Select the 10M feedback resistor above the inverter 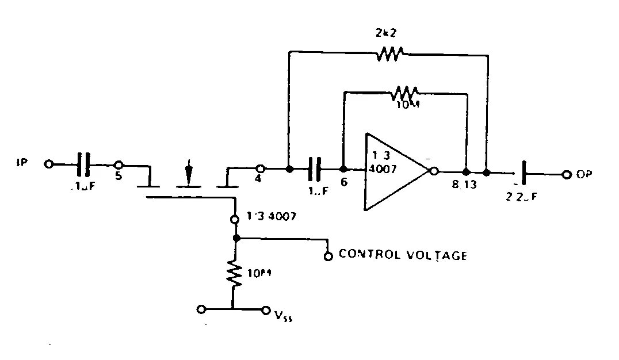coord(406,92)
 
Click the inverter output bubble coord(434,171)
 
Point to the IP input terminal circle coord(48,164)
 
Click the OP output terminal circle coord(567,174)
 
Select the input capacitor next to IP coord(84,164)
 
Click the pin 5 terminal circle coord(119,164)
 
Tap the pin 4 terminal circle coord(260,169)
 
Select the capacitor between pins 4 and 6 coord(315,169)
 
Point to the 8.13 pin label coord(464,186)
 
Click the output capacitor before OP coord(524,173)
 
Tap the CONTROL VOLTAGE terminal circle coord(328,256)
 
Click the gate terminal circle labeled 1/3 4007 coord(235,219)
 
